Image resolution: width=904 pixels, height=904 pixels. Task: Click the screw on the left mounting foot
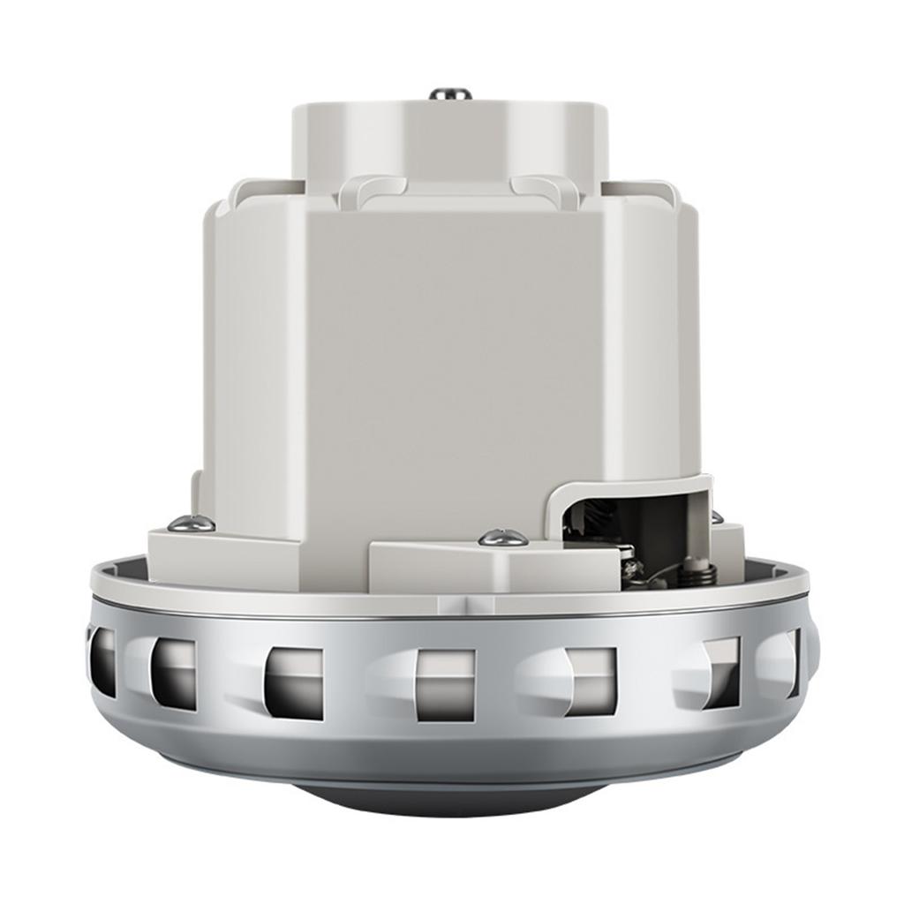(x=191, y=524)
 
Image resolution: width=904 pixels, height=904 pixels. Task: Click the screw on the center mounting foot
(x=503, y=537)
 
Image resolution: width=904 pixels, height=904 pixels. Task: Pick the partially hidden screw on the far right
(x=717, y=517)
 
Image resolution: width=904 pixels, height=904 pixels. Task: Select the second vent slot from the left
(x=173, y=673)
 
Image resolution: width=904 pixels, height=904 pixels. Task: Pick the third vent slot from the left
(x=294, y=682)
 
